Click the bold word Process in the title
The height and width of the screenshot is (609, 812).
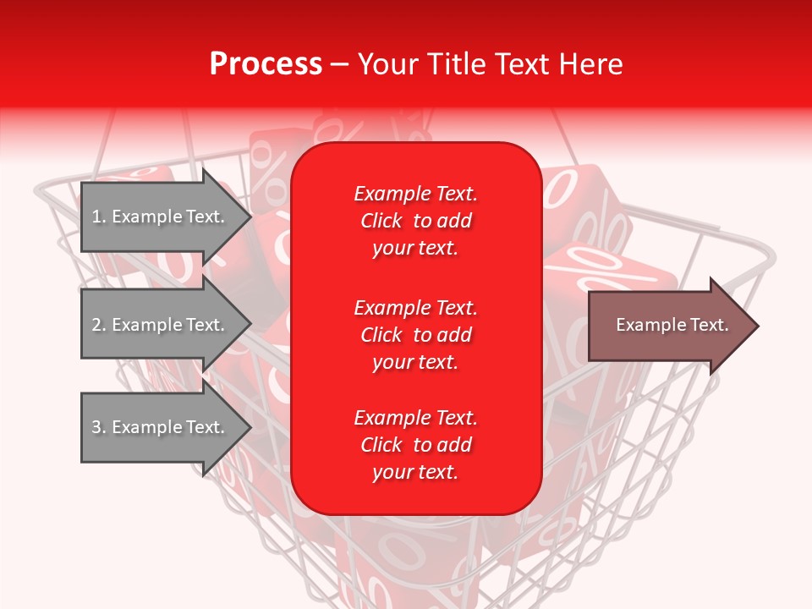coord(266,64)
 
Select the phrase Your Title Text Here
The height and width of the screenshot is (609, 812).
coord(490,64)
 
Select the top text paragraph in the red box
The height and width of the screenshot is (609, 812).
coord(415,221)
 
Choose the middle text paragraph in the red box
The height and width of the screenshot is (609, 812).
coord(415,335)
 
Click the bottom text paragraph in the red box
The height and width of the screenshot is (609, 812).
coord(415,445)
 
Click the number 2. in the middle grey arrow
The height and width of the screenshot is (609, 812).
coord(98,325)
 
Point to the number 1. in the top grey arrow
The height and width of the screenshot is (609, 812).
coord(98,217)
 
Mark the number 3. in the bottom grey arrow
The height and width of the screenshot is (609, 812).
coord(98,427)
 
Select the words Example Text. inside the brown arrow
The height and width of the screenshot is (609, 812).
coord(672,325)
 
